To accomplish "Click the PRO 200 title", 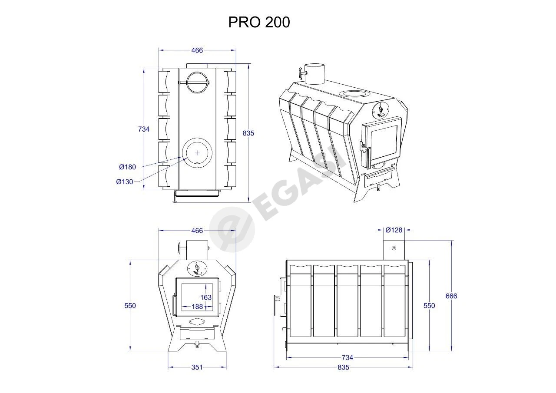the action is point(259,22).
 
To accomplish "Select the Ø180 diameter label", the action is point(128,167).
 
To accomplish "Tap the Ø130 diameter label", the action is point(125,182).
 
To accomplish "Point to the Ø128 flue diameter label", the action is point(394,230).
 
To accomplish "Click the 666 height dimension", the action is point(451,296).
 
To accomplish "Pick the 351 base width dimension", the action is point(197,367).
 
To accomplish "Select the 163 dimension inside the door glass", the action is point(206,297).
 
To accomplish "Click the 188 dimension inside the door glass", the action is point(197,307).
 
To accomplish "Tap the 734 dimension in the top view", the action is point(144,129).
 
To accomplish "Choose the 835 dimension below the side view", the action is point(343,367).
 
